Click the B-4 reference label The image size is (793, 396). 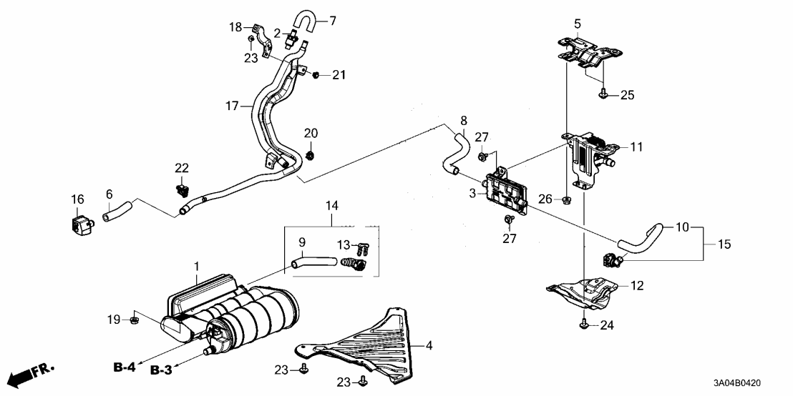pos(124,367)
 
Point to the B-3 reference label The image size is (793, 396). pos(162,372)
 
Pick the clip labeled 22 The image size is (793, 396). pos(183,191)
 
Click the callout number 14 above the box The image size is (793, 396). pos(332,206)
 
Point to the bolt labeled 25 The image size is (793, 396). pos(603,93)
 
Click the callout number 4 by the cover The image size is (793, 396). pos(429,347)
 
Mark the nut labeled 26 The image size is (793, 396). pos(566,199)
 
